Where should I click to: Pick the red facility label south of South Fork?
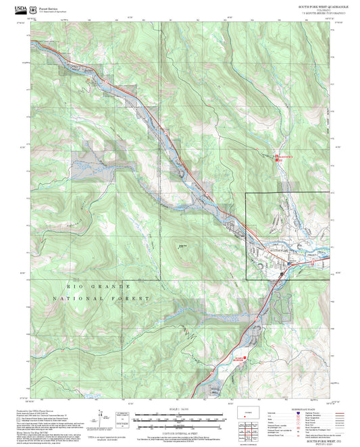click(238, 359)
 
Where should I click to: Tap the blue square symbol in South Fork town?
click(282, 274)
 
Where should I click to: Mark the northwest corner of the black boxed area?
click(246, 194)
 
